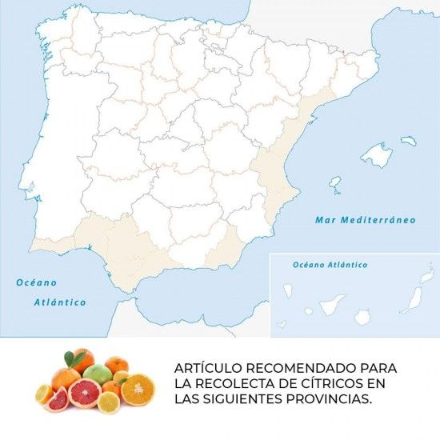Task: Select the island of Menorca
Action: [x=409, y=141]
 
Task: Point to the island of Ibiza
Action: [x=336, y=187]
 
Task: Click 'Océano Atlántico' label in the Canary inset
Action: [x=330, y=264]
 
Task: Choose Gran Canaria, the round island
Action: [x=363, y=317]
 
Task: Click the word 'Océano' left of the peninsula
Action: [x=37, y=282]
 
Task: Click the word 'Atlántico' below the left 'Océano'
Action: [x=59, y=302]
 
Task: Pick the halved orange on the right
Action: [x=136, y=390]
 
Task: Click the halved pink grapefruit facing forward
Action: [x=85, y=394]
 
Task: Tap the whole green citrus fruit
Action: [x=97, y=374]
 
